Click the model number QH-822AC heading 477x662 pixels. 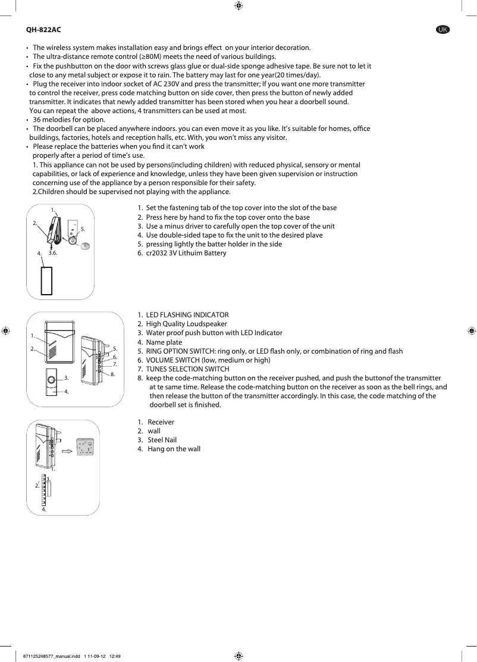(43, 29)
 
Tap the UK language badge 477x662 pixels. (443, 29)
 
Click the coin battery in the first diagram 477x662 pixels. (84, 245)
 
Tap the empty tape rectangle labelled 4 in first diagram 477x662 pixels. (46, 281)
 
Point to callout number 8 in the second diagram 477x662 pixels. (112, 374)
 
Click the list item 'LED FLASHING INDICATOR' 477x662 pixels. (187, 315)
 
